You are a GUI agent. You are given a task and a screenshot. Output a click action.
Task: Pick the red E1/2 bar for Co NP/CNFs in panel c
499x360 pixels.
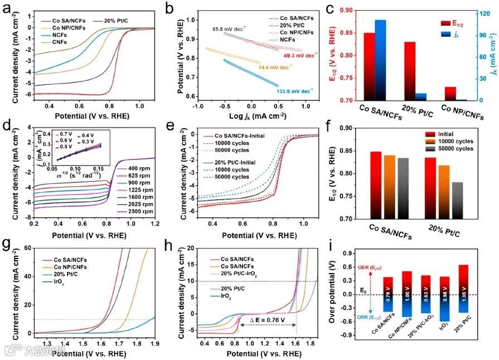450,94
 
